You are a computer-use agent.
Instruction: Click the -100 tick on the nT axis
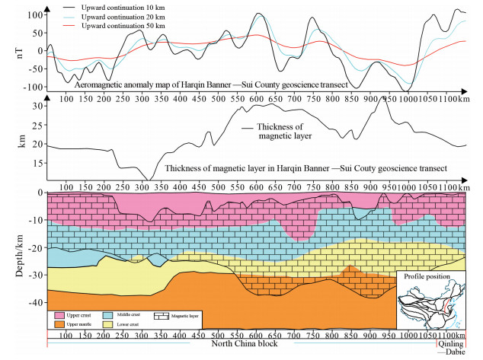31,87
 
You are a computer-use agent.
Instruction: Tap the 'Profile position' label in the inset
427,277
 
